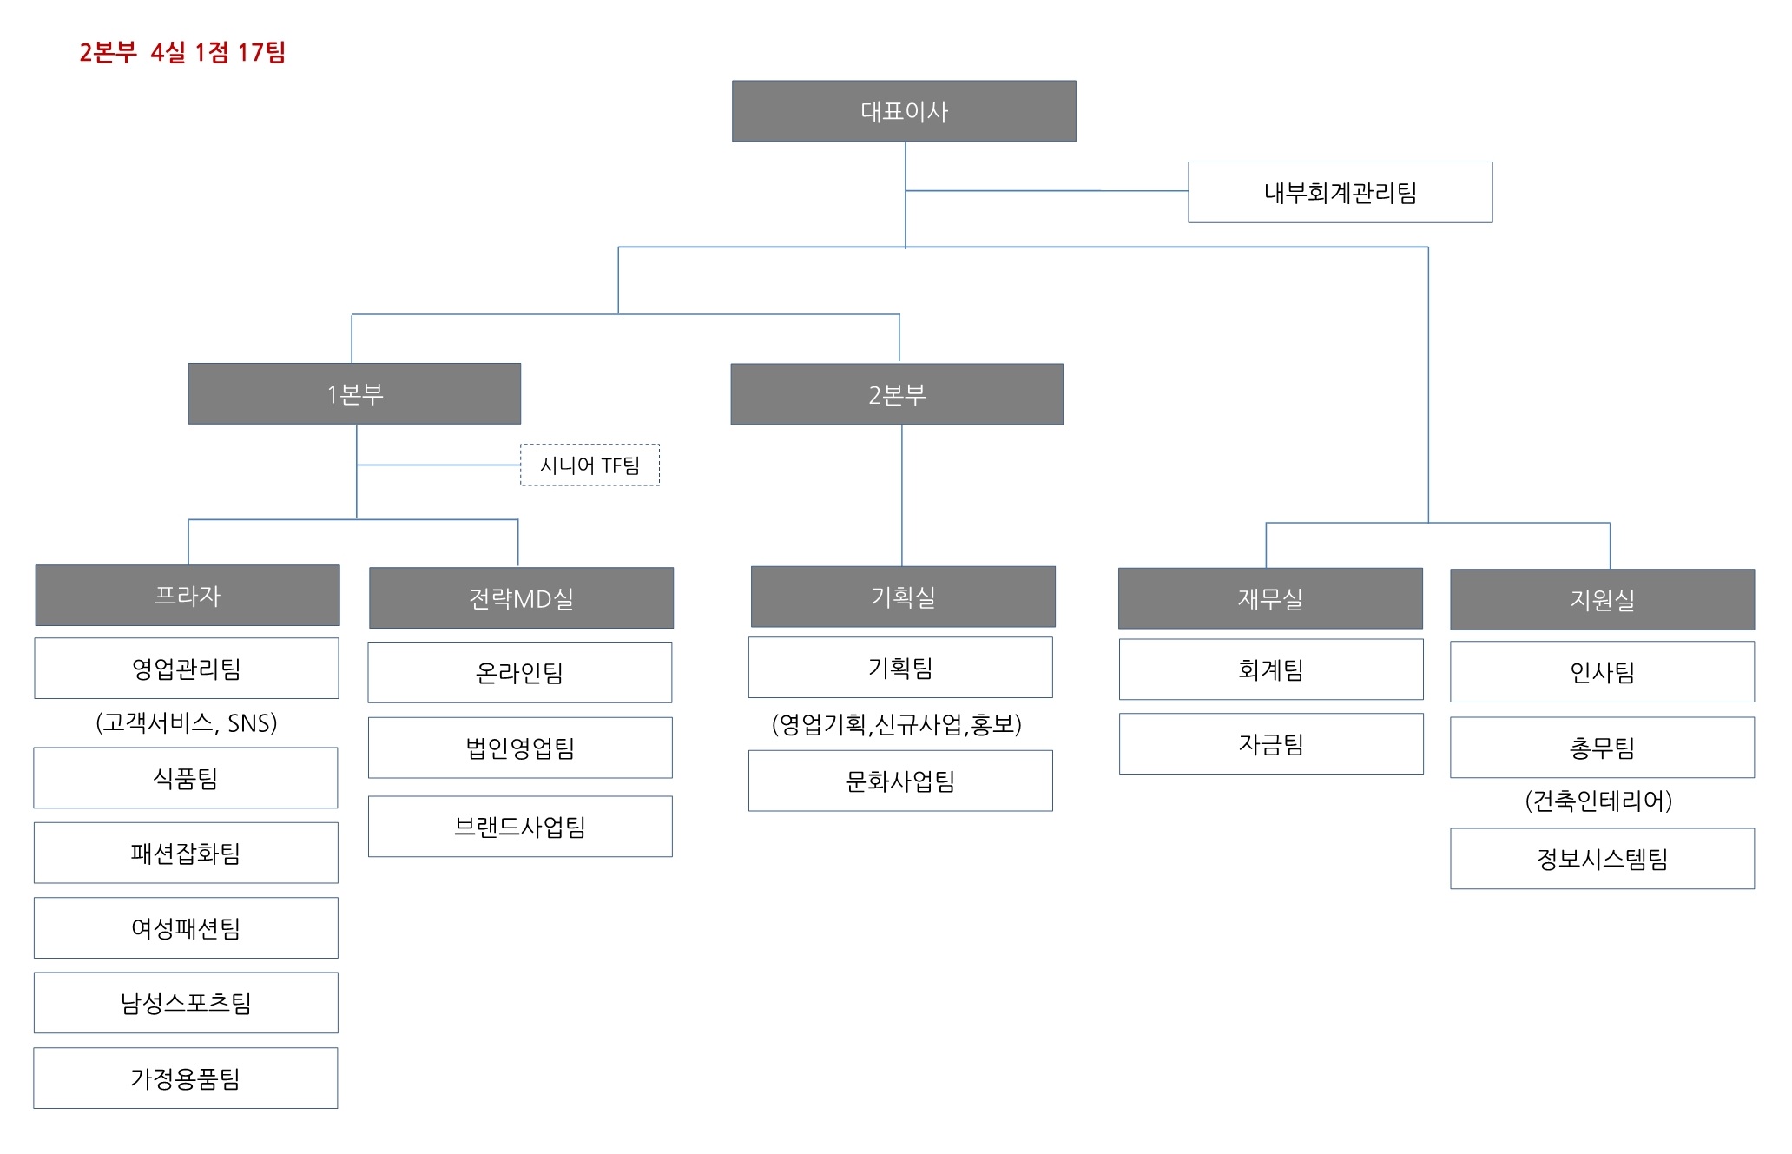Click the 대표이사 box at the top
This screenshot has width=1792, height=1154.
(x=904, y=111)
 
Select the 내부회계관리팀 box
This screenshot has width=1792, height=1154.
(x=1340, y=192)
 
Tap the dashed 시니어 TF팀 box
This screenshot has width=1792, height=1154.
(x=590, y=465)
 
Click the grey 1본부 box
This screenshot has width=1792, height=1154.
(x=354, y=393)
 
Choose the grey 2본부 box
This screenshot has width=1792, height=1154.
(x=897, y=394)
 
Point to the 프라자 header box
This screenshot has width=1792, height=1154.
(x=188, y=596)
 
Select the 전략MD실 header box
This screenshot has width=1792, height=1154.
(x=521, y=598)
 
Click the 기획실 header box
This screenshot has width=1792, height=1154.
(x=903, y=597)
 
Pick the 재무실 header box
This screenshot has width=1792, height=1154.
(x=1270, y=598)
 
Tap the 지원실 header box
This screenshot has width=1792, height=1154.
(x=1602, y=600)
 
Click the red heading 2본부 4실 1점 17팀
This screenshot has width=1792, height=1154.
(x=182, y=52)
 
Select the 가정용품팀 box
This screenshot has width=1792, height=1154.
(x=186, y=1078)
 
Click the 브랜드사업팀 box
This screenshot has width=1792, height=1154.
(x=520, y=827)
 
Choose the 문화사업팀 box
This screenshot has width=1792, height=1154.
(x=900, y=781)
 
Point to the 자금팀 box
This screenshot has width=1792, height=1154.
(x=1271, y=744)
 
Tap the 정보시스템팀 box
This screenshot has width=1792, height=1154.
(x=1602, y=859)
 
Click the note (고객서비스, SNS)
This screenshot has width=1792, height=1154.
(x=186, y=722)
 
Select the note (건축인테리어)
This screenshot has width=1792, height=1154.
(x=1598, y=800)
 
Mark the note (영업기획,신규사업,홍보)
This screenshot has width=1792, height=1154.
(x=897, y=724)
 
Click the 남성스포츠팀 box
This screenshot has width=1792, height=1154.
(x=186, y=1003)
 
